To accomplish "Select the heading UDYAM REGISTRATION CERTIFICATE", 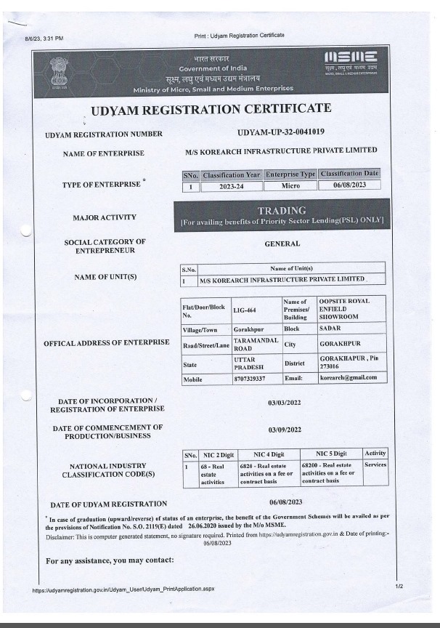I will click(x=211, y=109).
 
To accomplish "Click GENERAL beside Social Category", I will click(x=282, y=244).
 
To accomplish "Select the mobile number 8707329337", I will click(x=249, y=378).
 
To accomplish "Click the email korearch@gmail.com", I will click(x=349, y=378).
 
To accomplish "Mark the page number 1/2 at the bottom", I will click(x=399, y=585).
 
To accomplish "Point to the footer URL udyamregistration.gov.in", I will click(x=123, y=590).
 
